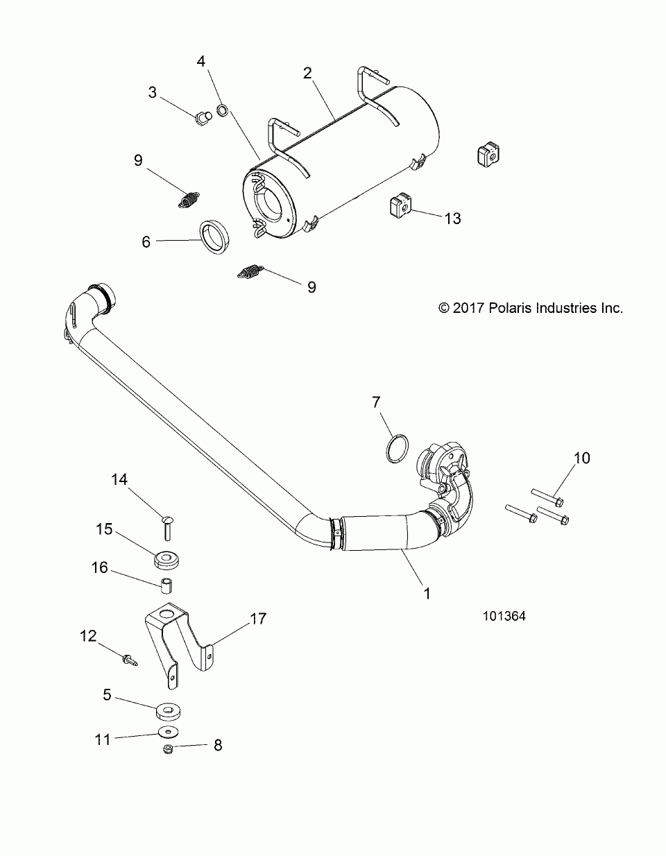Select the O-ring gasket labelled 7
point(396,448)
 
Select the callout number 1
point(427,594)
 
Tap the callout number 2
point(307,74)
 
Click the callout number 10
point(581,458)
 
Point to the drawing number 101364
point(505,614)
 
